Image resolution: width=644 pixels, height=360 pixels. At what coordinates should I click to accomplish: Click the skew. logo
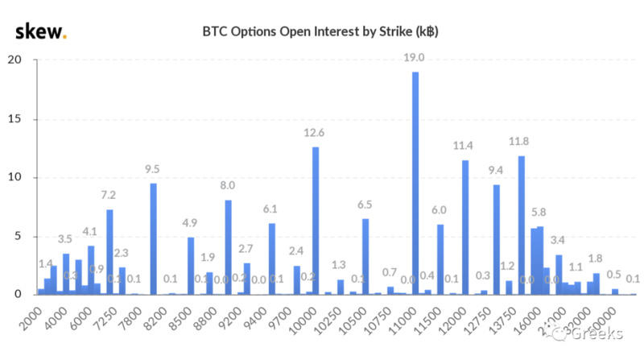pyautogui.click(x=41, y=31)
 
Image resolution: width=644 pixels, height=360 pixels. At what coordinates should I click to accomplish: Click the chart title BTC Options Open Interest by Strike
pyautogui.click(x=319, y=33)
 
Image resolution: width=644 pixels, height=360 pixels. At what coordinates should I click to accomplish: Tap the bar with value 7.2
pyautogui.click(x=109, y=252)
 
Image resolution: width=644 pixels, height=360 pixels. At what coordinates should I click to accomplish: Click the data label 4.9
pyautogui.click(x=191, y=224)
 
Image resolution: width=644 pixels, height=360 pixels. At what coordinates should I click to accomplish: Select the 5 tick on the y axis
pyautogui.click(x=18, y=237)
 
